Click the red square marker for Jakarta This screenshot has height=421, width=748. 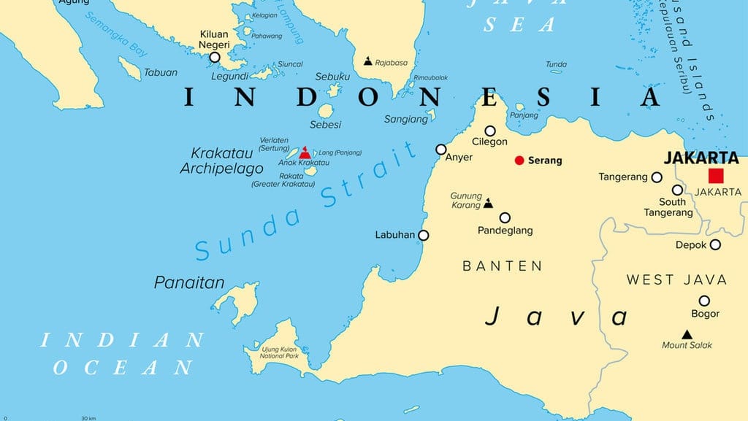tap(716, 175)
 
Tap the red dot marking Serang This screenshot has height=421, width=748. tap(519, 161)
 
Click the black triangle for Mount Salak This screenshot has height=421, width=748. tap(687, 334)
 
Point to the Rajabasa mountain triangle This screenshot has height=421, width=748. tap(367, 62)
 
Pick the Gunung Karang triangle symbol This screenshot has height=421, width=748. tap(488, 204)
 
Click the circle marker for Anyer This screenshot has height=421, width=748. tap(441, 150)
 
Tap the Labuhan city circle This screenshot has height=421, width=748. tap(424, 235)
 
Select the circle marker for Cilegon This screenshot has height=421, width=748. tap(490, 131)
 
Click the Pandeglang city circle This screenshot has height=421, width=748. tap(505, 217)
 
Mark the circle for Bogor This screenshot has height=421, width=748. tap(704, 301)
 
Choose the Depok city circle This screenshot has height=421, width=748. tap(715, 245)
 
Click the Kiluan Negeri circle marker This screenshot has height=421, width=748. tap(215, 58)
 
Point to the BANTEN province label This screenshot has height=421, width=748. tap(503, 266)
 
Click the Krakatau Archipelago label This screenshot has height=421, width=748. tap(222, 161)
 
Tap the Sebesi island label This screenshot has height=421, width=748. tap(326, 125)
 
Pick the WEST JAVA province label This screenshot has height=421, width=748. tap(676, 279)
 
